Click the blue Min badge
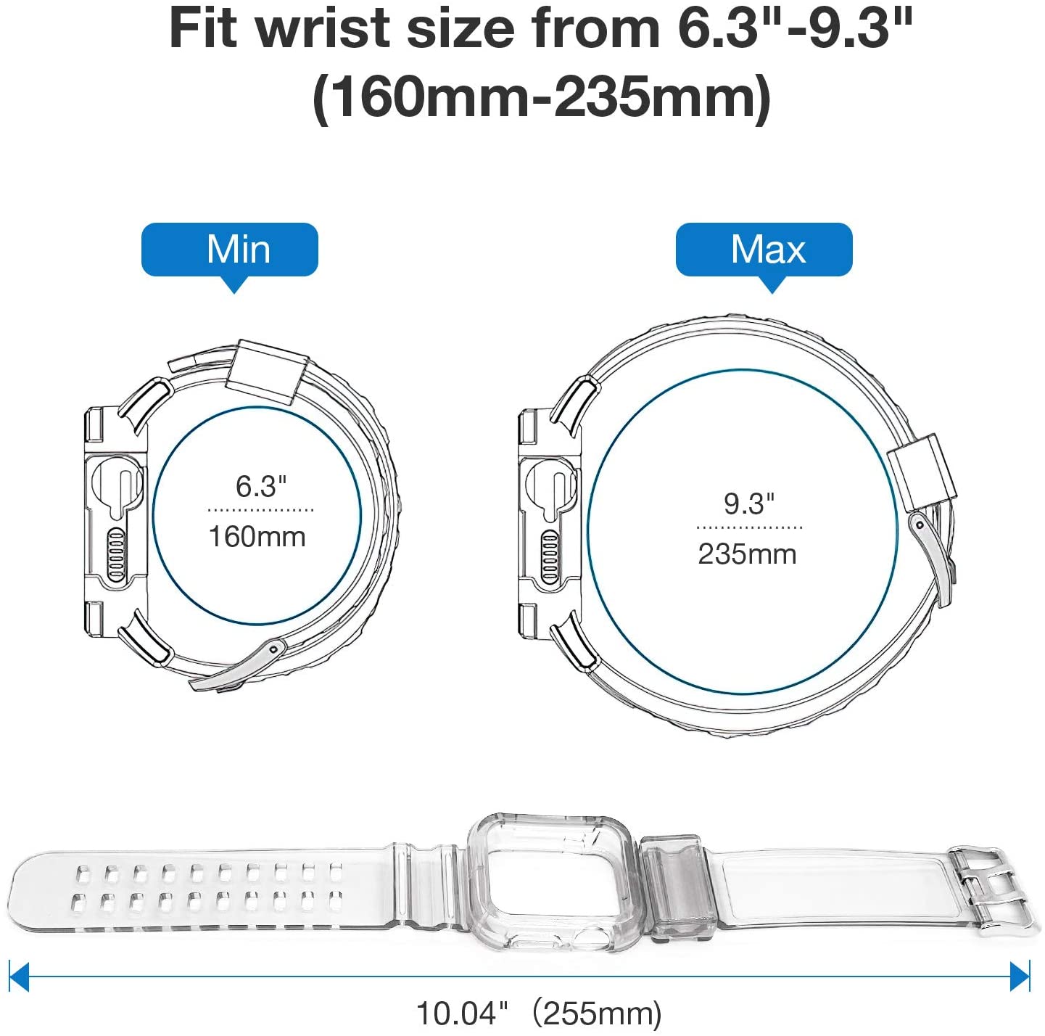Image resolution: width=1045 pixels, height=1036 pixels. pyautogui.click(x=230, y=250)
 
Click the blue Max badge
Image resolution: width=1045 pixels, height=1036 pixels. pyautogui.click(x=764, y=250)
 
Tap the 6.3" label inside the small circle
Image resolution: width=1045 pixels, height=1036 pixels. pyautogui.click(x=261, y=486)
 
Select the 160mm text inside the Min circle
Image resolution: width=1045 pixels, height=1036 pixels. pyautogui.click(x=257, y=537)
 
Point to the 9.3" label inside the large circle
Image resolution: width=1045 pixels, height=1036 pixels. pyautogui.click(x=749, y=503)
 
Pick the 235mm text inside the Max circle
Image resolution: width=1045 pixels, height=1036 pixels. pyautogui.click(x=747, y=554)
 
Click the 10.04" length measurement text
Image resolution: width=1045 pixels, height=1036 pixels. pyautogui.click(x=463, y=1013)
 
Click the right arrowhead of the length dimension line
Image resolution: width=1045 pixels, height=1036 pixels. pyautogui.click(x=1020, y=976)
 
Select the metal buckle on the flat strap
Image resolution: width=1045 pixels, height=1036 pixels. pyautogui.click(x=989, y=887)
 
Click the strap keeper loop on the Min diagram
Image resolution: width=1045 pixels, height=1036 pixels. pyautogui.click(x=268, y=371)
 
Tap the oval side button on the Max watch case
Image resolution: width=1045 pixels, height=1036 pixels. pyautogui.click(x=550, y=556)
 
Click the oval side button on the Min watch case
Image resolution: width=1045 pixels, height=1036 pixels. pyautogui.click(x=116, y=555)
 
